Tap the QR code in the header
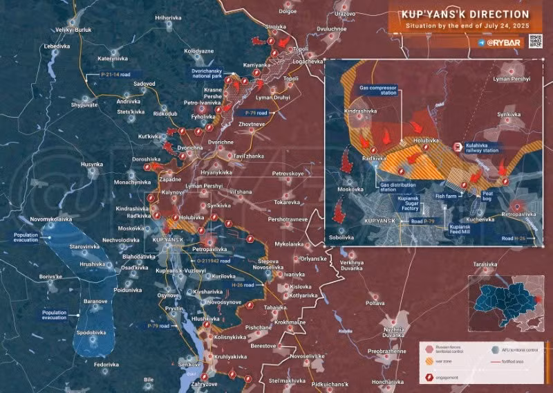coord(535,42)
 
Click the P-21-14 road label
coord(116,74)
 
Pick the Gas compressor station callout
coord(377,91)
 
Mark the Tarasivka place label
coord(485,264)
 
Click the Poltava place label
coord(375,303)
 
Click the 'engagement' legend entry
coord(445,377)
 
